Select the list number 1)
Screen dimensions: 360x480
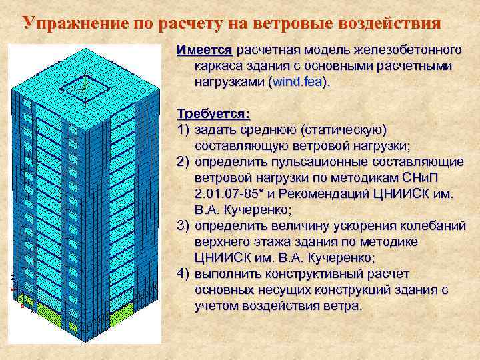tap(184, 128)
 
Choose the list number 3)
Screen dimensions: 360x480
tap(184, 225)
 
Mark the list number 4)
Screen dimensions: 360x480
tap(184, 274)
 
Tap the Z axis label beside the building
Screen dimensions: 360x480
tap(13, 277)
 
